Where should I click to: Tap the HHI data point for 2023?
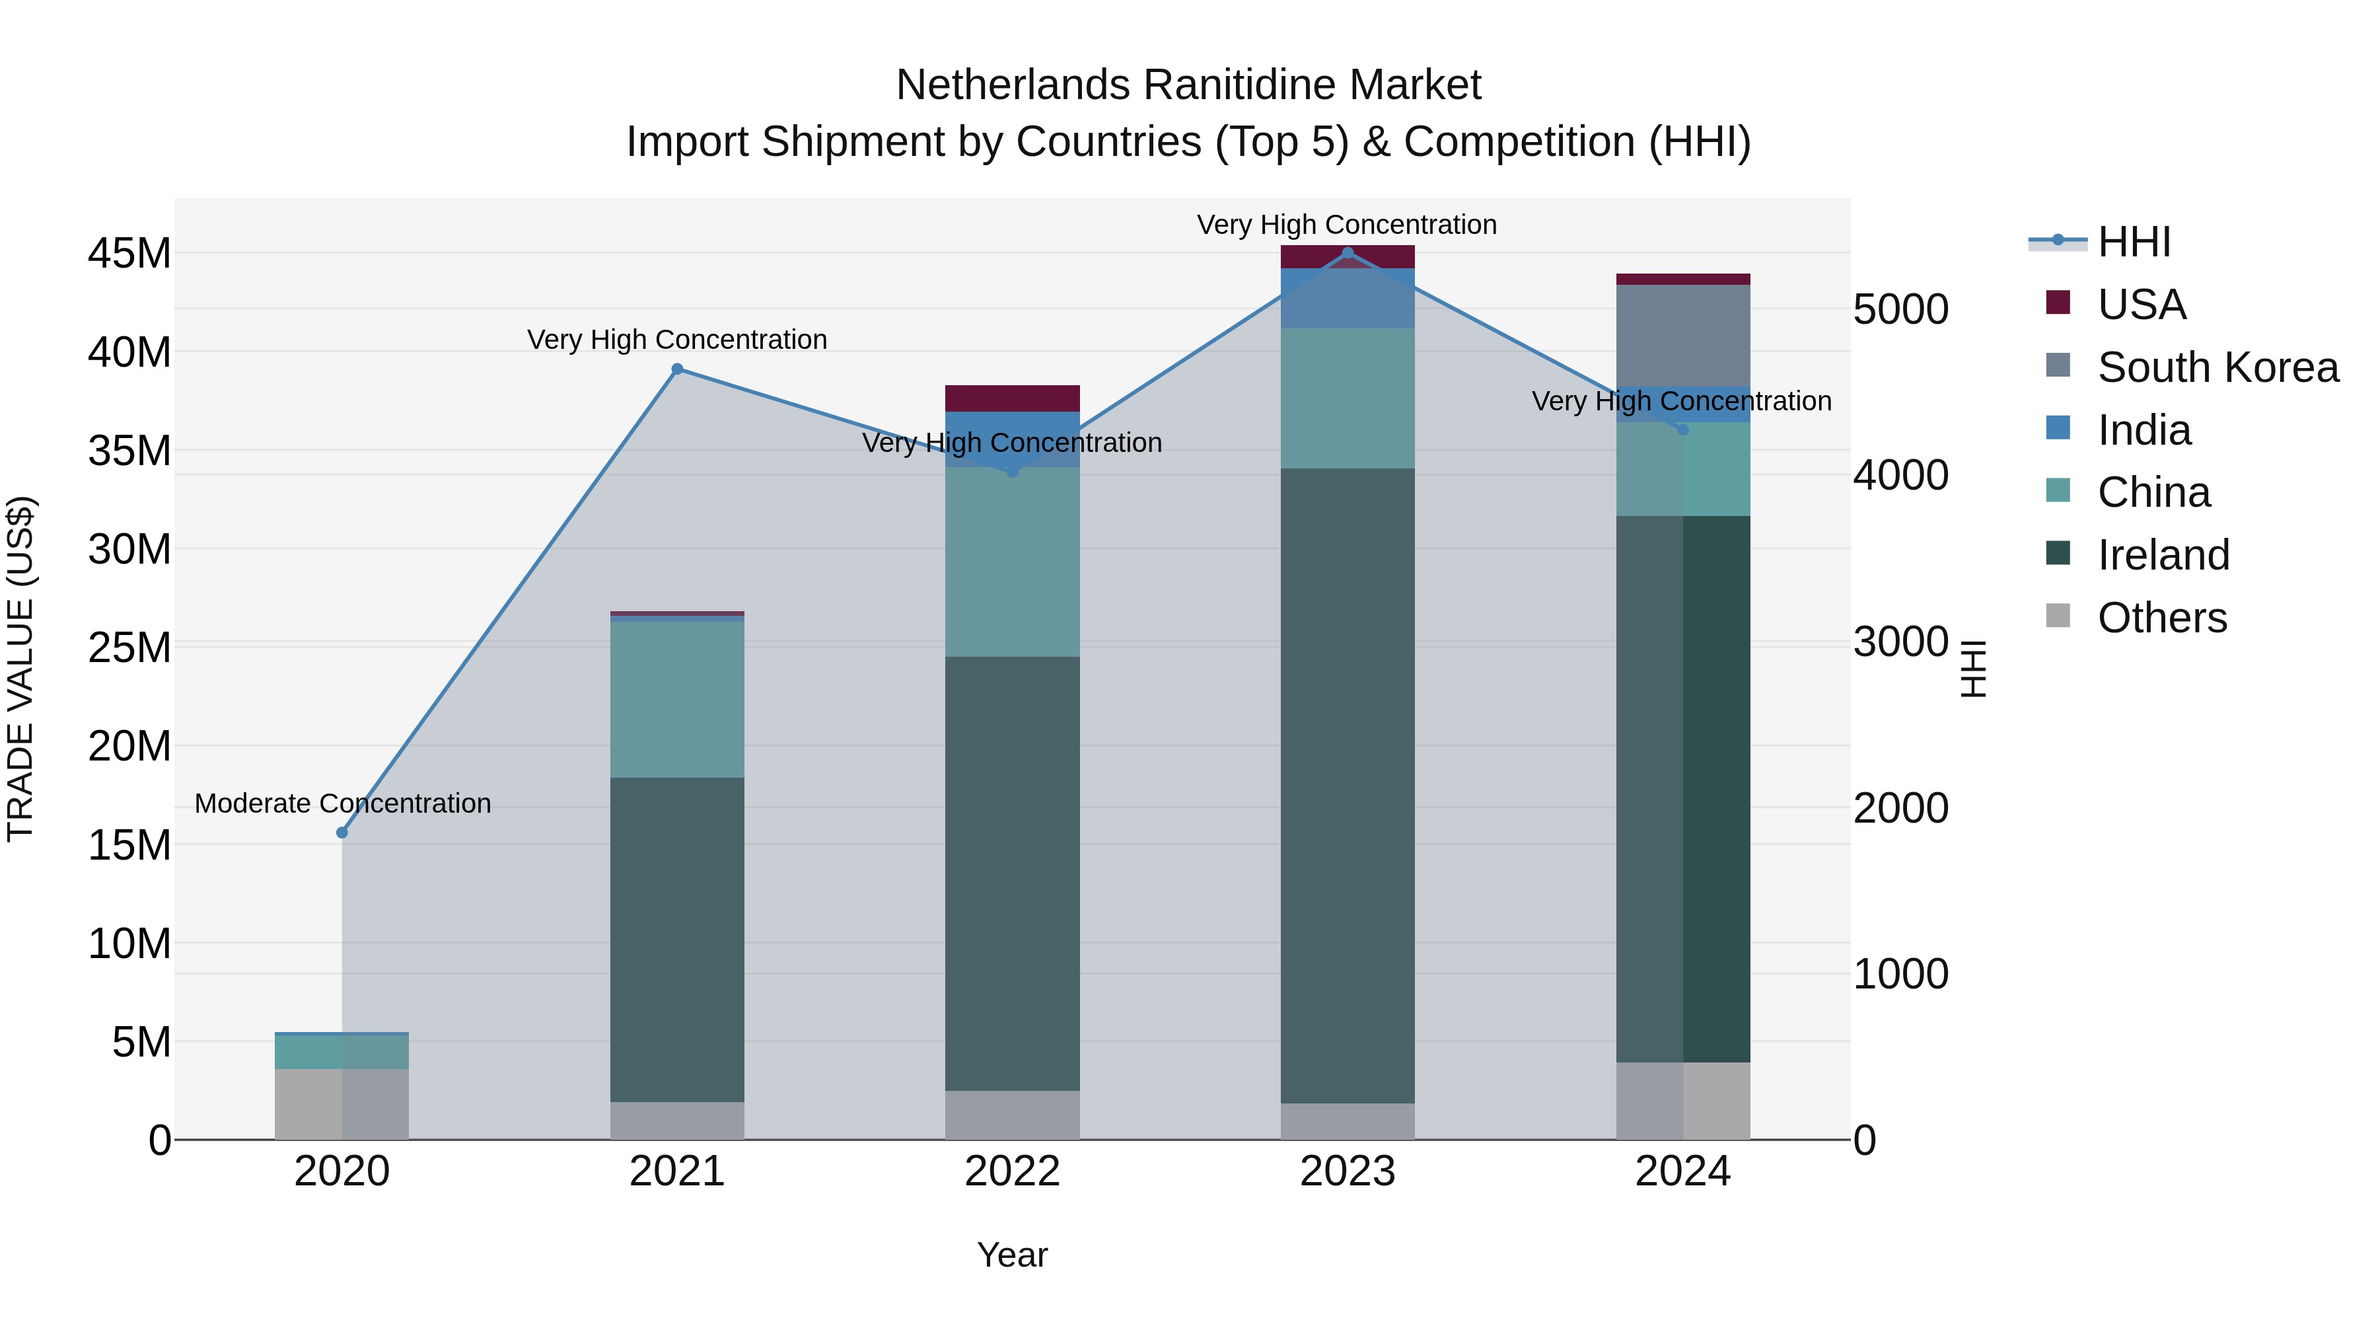1347,253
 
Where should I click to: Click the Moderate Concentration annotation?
342,803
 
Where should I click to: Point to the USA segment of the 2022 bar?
1012,398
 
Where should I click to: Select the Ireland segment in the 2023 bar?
1347,785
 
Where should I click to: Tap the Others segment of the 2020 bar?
342,1103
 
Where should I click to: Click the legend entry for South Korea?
2217,367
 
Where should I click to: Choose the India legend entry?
2144,430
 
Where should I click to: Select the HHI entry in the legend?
2134,242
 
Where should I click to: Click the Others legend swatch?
2058,616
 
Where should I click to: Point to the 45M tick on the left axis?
129,254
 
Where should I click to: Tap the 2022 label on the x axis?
1012,1171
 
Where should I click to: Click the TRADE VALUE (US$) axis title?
20,669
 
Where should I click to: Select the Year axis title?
1012,1255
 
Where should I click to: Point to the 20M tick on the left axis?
129,746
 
